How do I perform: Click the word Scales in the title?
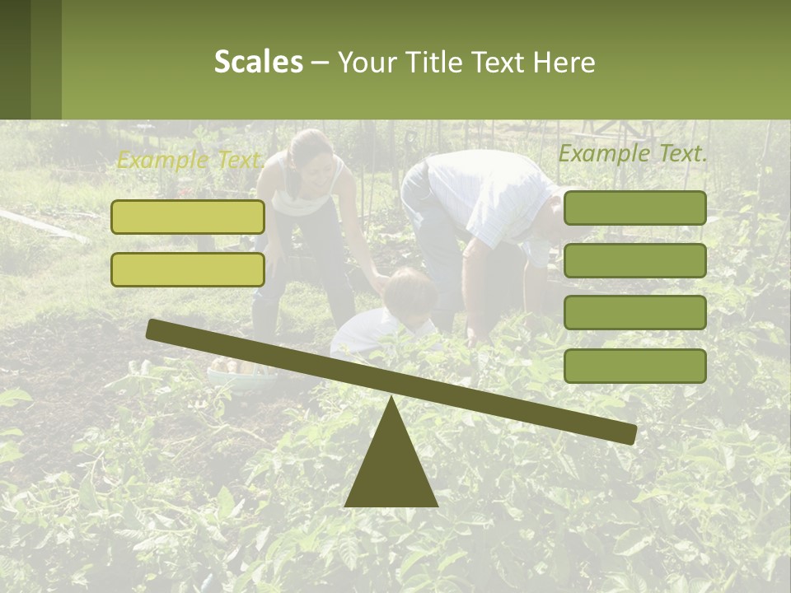pyautogui.click(x=258, y=62)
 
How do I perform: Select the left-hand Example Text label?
pyautogui.click(x=190, y=160)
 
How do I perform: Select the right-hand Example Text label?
pyautogui.click(x=633, y=153)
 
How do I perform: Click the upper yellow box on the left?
pyautogui.click(x=188, y=217)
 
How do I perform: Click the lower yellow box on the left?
pyautogui.click(x=188, y=269)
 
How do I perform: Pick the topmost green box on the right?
pyautogui.click(x=634, y=208)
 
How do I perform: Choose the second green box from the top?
pyautogui.click(x=634, y=260)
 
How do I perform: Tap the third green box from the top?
pyautogui.click(x=634, y=312)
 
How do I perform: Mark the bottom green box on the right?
pyautogui.click(x=634, y=366)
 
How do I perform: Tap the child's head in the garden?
pyautogui.click(x=410, y=290)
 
